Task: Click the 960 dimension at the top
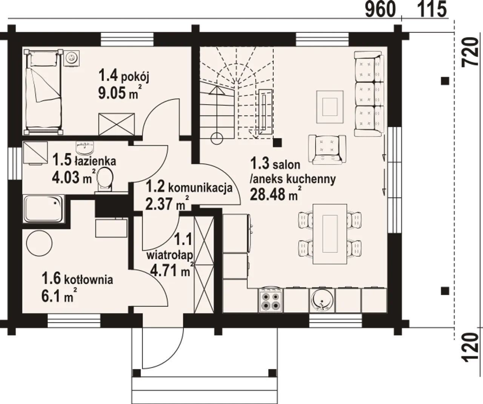pyautogui.click(x=380, y=9)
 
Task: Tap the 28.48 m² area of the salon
pyautogui.click(x=276, y=194)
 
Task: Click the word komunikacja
pyautogui.click(x=200, y=188)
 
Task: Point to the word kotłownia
pyautogui.click(x=88, y=280)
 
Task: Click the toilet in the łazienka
pyautogui.click(x=105, y=180)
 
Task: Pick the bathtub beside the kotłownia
pyautogui.click(x=44, y=209)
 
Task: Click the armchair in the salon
pyautogui.click(x=327, y=150)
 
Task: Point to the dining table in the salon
pyautogui.click(x=330, y=234)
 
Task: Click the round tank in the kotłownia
pyautogui.click(x=39, y=243)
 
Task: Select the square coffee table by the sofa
pyautogui.click(x=330, y=107)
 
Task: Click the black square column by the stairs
pyautogui.click(x=277, y=143)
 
